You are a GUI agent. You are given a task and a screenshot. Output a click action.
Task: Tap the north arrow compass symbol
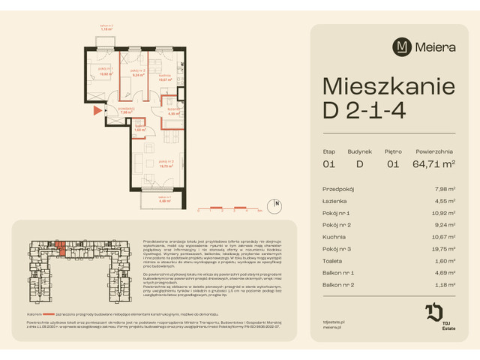(276, 203)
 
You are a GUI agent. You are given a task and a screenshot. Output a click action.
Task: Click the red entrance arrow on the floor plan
(96, 111)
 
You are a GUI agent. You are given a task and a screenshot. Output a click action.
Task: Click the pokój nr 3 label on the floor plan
(157, 162)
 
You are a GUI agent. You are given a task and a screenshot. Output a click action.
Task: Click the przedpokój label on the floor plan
(126, 110)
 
